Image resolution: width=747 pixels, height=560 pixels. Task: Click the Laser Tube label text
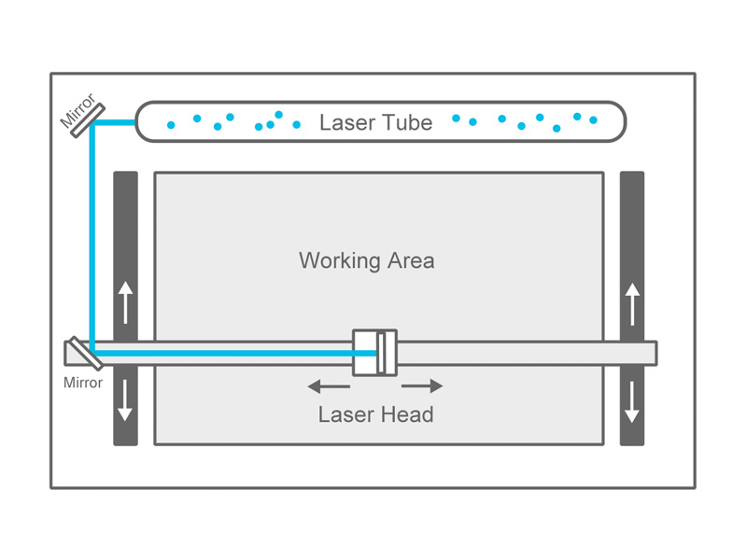pos(375,122)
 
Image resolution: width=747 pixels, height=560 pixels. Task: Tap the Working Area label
pos(366,259)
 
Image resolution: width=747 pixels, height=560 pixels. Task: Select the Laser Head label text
pos(375,414)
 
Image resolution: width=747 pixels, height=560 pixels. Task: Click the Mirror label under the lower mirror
pos(82,383)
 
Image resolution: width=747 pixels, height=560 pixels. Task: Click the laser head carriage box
pos(373,353)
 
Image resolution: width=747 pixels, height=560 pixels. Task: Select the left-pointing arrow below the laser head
pos(328,385)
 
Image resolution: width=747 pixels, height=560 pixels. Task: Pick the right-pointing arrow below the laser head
pos(422,385)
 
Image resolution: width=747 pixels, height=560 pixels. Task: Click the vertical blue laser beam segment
pos(92,233)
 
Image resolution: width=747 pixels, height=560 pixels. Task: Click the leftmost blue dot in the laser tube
pos(171,124)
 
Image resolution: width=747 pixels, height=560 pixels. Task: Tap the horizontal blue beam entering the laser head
pos(233,353)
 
